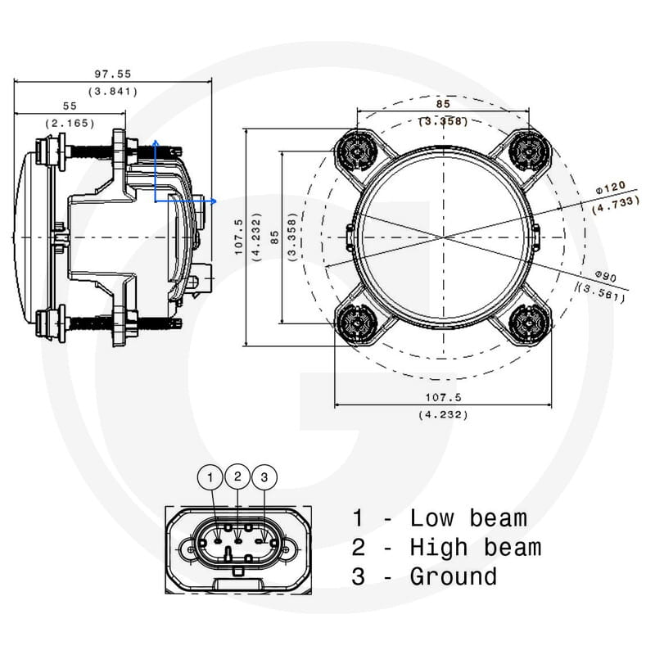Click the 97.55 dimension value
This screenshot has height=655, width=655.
(x=113, y=74)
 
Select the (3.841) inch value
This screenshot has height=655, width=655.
(x=113, y=91)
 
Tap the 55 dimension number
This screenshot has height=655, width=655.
(x=70, y=106)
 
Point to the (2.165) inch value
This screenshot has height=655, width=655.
(x=70, y=123)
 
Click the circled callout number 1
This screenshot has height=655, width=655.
(x=210, y=477)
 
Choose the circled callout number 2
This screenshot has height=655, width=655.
(x=237, y=475)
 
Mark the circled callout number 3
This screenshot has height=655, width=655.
(x=264, y=477)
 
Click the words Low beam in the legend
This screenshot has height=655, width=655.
(x=468, y=518)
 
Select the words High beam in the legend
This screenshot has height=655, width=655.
(x=475, y=547)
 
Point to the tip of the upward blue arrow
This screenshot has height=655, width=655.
(x=155, y=142)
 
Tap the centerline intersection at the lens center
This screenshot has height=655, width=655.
(x=443, y=237)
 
